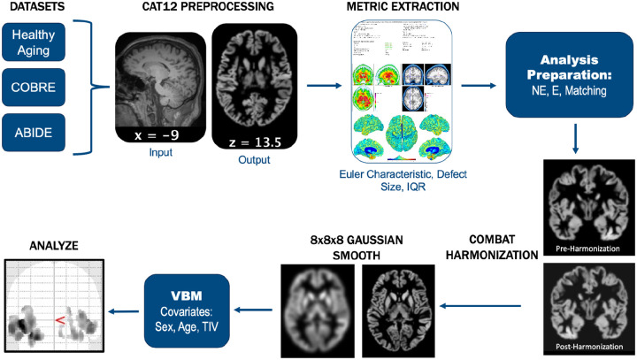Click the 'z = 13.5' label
click(249, 135)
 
